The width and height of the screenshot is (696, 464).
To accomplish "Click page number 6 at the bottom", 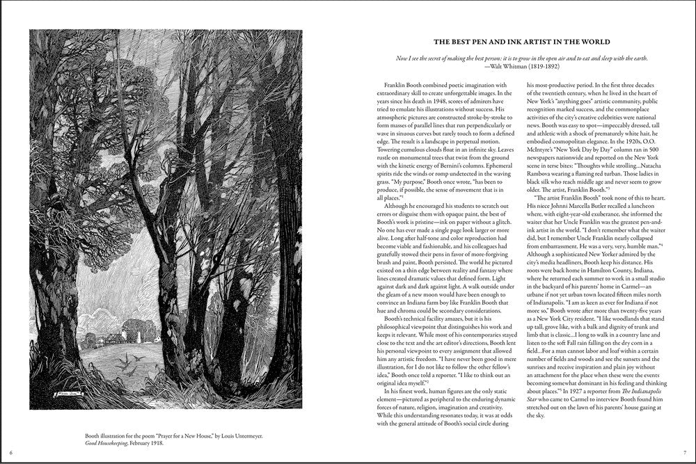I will (x=12, y=454).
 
